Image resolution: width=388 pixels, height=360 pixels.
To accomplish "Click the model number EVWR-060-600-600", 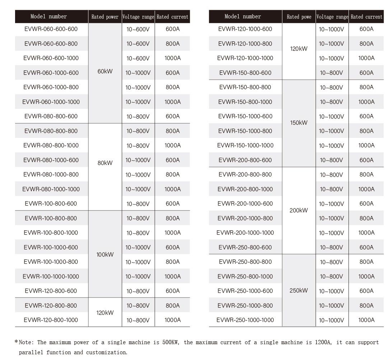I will [51, 29].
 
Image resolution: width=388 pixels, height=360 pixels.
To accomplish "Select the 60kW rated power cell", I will [105, 71].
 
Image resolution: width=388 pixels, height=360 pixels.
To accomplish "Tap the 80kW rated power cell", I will [105, 163].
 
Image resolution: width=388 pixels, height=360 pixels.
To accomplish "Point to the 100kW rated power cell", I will [105, 255].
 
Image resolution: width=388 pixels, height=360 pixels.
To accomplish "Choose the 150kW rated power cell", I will [299, 123].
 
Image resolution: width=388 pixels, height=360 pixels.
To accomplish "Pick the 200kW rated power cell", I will [299, 211].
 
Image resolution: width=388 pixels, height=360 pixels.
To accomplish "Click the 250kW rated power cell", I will [299, 291].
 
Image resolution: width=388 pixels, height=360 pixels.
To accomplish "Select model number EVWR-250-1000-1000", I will [245, 320].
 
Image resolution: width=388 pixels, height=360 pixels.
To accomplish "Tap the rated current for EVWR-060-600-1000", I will [173, 58].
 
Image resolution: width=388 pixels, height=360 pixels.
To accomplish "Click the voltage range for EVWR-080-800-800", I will [138, 131].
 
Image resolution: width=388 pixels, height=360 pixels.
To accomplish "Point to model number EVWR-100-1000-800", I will [51, 262].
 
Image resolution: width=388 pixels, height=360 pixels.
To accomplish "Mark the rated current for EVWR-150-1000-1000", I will [366, 146].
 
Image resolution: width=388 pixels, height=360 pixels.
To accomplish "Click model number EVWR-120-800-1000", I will [51, 320].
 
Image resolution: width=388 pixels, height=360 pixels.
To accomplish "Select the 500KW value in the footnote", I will [174, 342].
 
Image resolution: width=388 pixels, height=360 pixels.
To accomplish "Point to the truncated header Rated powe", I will [299, 17].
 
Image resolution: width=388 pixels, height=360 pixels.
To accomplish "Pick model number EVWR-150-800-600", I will [245, 73].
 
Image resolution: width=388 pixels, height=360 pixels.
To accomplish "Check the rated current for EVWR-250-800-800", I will [366, 262].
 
